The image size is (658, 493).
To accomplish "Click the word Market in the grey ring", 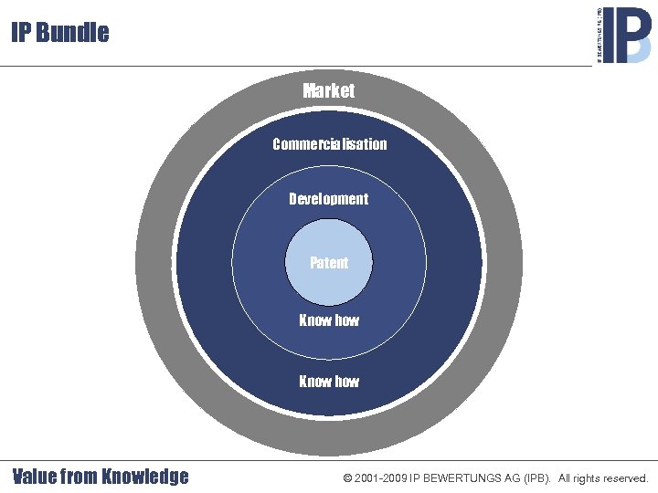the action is point(329,90).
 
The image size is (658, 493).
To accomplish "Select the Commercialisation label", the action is point(329,144).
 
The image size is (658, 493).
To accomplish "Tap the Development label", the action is point(329,199).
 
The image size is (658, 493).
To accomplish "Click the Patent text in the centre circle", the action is point(329,263).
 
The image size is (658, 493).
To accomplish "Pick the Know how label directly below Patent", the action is point(329,320).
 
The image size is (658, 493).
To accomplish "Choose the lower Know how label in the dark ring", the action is point(329,382).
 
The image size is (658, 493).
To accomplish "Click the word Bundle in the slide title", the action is point(74,33).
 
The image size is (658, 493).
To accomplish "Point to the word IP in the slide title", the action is point(22,33).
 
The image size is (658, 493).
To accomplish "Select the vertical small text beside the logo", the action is point(600,35).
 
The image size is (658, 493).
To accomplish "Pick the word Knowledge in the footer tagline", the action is point(145,477).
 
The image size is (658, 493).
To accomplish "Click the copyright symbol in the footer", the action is point(348,478).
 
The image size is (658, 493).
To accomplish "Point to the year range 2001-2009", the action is point(381,478).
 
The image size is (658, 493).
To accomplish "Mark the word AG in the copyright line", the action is point(510,478).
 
